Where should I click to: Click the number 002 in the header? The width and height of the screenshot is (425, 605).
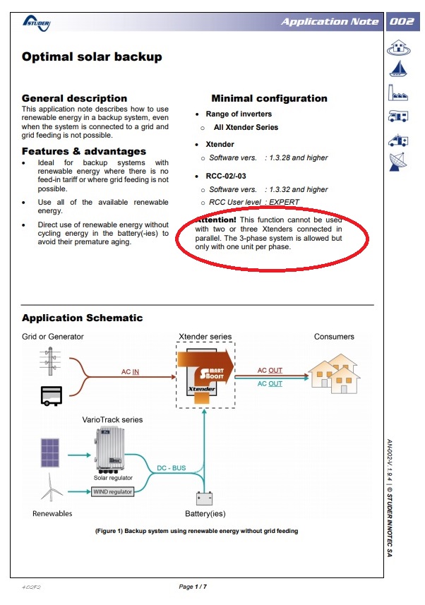tap(402, 21)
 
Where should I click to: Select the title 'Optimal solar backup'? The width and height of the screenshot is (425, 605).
tap(92, 57)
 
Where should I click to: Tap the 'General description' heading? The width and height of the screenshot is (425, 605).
tap(74, 98)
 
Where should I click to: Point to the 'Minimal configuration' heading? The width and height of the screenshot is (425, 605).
tap(269, 98)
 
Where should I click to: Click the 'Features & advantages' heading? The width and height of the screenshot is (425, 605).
tap(84, 151)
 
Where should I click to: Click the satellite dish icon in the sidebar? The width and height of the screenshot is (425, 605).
tap(400, 162)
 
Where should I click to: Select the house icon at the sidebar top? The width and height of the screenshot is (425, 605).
tap(400, 47)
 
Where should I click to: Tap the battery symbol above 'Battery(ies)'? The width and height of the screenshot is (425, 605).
tap(205, 498)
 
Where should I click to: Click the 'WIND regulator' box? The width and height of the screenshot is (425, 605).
tap(112, 491)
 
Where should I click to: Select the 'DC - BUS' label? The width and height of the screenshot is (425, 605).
tap(172, 468)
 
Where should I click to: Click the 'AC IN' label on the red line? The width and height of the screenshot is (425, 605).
tap(131, 371)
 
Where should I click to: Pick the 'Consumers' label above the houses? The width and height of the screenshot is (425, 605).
tap(334, 337)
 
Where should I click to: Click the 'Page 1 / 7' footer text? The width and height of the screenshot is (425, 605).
tap(193, 587)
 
